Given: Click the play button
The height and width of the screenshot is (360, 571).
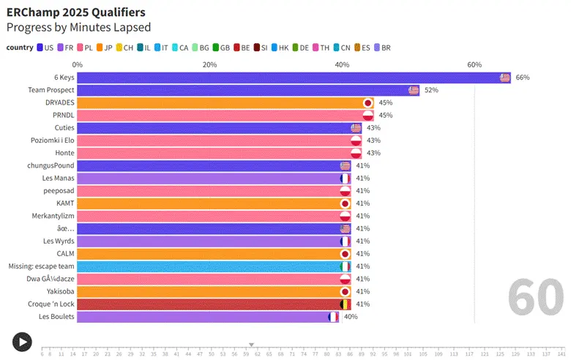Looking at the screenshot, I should click(22, 341).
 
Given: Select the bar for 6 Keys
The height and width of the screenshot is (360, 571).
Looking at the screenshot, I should click(293, 78).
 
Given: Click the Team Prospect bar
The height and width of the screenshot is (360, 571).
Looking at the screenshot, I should click(249, 90).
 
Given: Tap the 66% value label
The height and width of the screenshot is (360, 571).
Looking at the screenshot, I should click(523, 78).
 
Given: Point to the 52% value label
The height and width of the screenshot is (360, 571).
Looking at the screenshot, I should click(431, 90).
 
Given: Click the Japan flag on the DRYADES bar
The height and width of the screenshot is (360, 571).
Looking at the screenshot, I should click(368, 102).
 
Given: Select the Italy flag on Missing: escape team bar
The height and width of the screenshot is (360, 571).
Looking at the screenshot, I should click(346, 266).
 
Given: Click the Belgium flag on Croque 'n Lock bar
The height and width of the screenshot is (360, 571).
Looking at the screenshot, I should click(346, 304).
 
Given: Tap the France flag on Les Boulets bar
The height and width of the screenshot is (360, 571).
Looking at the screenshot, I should click(334, 317).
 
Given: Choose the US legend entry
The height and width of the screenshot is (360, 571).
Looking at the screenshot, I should click(44, 48).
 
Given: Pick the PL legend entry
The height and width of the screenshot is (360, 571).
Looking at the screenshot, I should click(83, 48).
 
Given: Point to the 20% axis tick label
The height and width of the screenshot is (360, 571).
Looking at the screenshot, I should click(209, 64).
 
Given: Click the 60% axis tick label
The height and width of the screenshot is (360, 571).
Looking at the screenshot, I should click(474, 64).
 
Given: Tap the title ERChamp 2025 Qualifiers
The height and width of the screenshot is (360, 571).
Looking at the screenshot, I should click(75, 12).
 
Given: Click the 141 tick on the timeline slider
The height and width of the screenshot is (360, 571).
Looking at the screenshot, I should click(561, 354).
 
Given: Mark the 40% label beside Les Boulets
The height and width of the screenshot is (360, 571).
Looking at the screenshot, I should click(351, 317).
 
